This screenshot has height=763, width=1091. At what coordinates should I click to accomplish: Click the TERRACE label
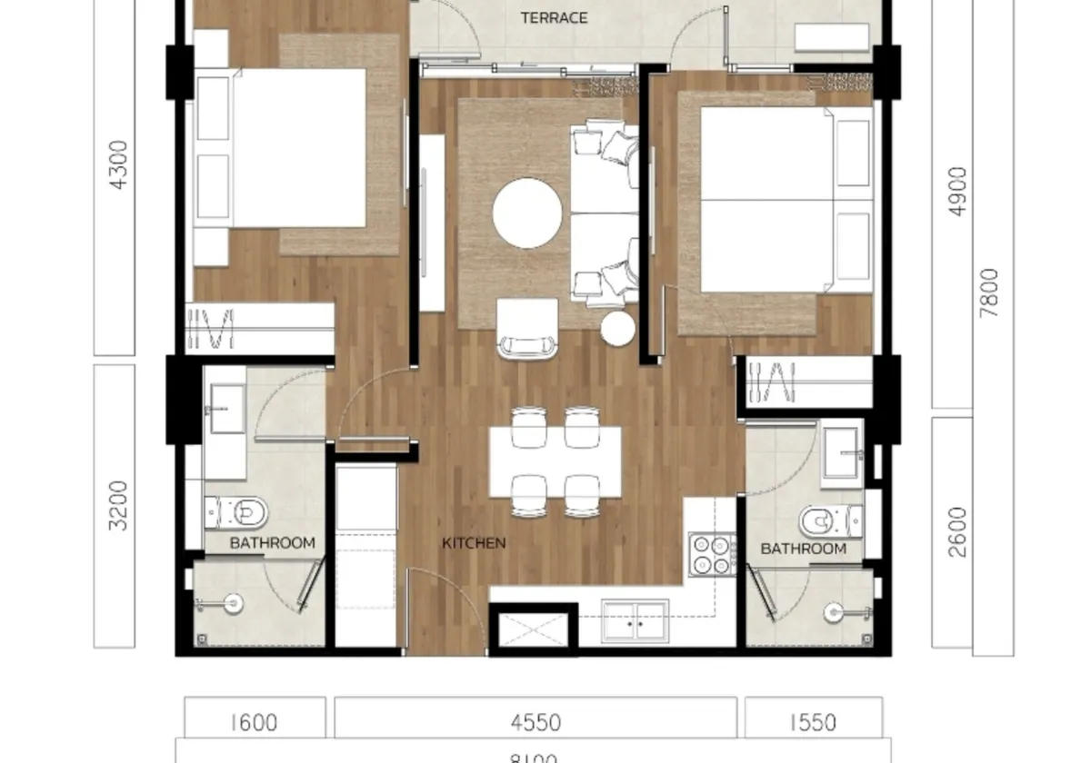pyautogui.click(x=553, y=17)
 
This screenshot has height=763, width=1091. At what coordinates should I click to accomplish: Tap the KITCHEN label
pyautogui.click(x=474, y=543)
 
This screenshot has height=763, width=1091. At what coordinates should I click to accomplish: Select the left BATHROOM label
pyautogui.click(x=272, y=543)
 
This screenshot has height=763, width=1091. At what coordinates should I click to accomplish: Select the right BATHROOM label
pyautogui.click(x=803, y=549)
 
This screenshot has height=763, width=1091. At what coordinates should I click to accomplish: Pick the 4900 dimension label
pyautogui.click(x=957, y=191)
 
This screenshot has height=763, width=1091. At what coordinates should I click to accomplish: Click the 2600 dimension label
pyautogui.click(x=957, y=531)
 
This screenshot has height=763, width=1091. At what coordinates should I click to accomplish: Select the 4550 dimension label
pyautogui.click(x=535, y=723)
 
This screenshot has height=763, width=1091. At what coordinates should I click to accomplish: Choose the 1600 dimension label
pyautogui.click(x=254, y=723)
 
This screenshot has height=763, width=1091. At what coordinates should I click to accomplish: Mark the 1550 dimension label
pyautogui.click(x=813, y=723)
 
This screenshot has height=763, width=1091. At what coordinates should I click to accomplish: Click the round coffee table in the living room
pyautogui.click(x=527, y=213)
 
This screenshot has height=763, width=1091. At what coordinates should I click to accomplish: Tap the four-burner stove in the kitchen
pyautogui.click(x=713, y=554)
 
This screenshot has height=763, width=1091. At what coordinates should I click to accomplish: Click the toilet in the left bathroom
pyautogui.click(x=241, y=514)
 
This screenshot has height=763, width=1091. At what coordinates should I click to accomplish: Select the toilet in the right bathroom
pyautogui.click(x=826, y=521)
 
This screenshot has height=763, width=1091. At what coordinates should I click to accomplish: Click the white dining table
pyautogui.click(x=556, y=461)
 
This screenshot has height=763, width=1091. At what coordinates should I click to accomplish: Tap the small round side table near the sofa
pyautogui.click(x=618, y=329)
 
